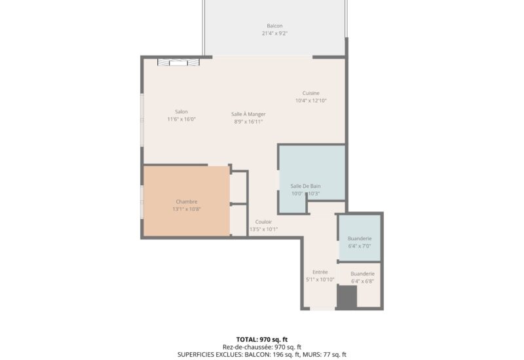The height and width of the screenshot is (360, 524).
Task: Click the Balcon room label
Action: (274, 26)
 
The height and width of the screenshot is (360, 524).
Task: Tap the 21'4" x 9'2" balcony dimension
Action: (274, 33)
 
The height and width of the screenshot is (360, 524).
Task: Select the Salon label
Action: (181, 111)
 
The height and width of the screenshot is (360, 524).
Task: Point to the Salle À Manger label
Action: (248, 114)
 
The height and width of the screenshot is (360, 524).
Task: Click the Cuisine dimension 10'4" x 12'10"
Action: (310, 101)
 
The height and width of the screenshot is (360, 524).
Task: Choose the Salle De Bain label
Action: (305, 186)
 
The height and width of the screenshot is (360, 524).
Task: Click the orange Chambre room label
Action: (187, 202)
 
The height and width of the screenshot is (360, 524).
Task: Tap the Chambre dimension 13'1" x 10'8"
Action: (187, 209)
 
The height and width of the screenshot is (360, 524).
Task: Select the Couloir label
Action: (264, 222)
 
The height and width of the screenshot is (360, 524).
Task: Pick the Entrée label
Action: (320, 272)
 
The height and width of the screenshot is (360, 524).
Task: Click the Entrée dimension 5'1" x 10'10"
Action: (320, 279)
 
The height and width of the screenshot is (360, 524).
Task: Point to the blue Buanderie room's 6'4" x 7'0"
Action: (360, 246)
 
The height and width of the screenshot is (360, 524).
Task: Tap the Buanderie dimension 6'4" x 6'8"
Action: (363, 281)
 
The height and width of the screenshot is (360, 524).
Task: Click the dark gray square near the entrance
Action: (347, 297)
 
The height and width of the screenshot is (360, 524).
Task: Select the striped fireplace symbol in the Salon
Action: (178, 62)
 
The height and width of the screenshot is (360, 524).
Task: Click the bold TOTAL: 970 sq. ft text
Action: (262, 340)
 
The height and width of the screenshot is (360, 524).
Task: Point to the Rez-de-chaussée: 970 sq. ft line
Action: (262, 348)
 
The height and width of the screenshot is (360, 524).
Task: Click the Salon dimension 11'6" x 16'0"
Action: (181, 119)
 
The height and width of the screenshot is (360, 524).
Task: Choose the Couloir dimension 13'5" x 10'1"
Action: (264, 230)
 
